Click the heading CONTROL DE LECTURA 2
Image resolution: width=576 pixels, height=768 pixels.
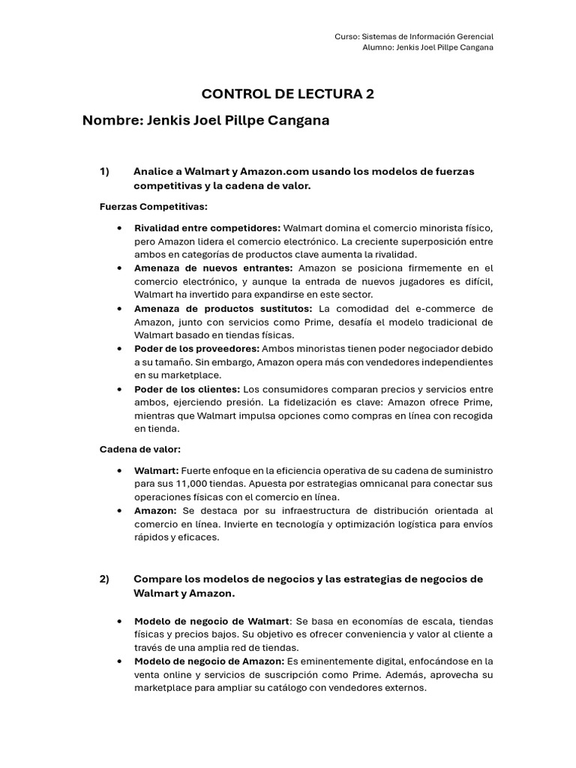pos(287,94)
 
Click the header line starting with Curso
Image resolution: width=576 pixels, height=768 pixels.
pos(414,36)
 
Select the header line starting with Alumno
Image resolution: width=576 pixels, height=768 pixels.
pos(427,48)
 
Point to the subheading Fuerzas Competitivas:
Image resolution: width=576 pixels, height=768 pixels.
pos(154,206)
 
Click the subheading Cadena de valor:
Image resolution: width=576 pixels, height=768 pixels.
pos(140,449)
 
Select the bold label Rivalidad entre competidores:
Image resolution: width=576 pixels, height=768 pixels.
pos(207,227)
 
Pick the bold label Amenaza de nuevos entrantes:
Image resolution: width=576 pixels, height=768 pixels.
pos(214,268)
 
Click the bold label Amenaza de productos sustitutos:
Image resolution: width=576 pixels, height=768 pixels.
pos(223,308)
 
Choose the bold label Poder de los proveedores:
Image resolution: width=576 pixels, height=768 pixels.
pos(196,349)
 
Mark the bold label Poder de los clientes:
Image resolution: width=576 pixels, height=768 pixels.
pos(187,389)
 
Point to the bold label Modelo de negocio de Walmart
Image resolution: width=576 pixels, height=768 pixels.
pos(211,621)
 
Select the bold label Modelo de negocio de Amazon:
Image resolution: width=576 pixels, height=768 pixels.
pos(209,661)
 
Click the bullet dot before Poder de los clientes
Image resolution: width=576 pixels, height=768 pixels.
pos(120,389)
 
